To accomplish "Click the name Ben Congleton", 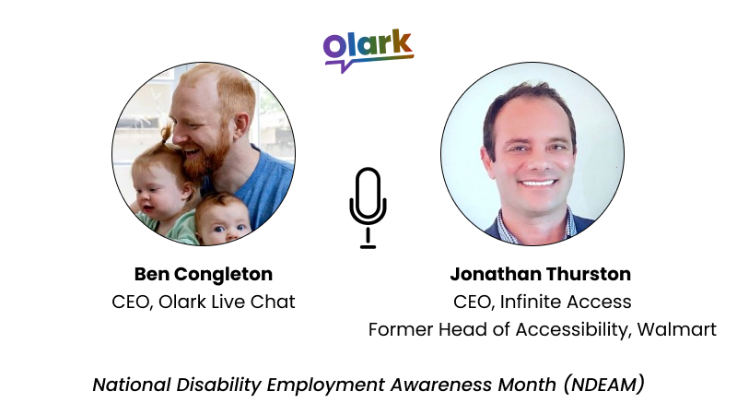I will coord(204,274).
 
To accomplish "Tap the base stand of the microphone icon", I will coord(368,245).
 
